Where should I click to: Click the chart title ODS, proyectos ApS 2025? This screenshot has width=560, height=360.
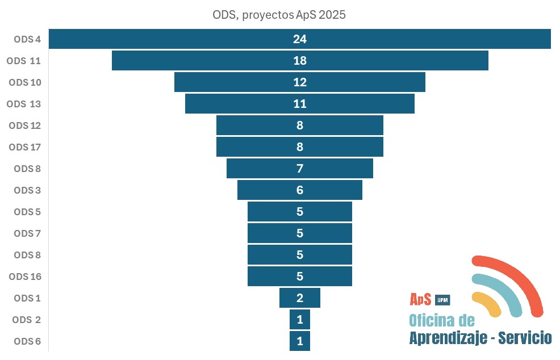tap(279, 15)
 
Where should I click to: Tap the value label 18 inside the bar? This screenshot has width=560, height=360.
tap(300, 61)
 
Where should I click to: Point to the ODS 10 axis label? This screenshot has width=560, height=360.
tap(25, 82)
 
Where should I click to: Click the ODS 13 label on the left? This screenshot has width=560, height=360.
tap(25, 104)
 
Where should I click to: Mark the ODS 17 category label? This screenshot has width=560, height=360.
tap(25, 147)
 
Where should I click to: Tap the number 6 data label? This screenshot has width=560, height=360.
tap(300, 190)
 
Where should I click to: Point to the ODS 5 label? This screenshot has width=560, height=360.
tap(27, 212)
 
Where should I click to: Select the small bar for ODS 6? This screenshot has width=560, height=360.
tap(300, 341)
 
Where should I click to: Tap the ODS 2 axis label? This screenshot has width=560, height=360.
tap(26, 320)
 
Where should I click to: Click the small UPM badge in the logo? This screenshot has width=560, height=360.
tap(442, 300)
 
